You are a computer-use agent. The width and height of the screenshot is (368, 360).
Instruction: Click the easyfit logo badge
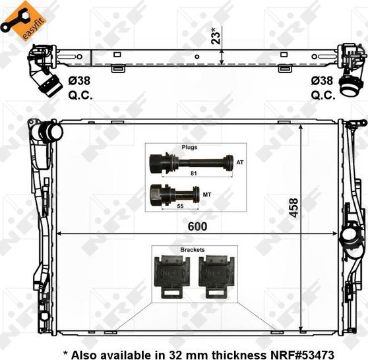pos(24,20)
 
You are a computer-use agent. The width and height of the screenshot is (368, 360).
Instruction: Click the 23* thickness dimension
pos(216,36)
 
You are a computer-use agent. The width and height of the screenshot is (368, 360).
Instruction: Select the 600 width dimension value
pos(197,226)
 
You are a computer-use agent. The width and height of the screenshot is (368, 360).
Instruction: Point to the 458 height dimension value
pos(293,208)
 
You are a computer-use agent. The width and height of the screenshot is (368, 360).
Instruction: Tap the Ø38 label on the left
pos(79,81)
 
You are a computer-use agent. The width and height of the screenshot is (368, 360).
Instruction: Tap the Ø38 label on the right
pos(322,81)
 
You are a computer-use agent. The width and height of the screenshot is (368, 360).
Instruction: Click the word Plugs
pos(189,148)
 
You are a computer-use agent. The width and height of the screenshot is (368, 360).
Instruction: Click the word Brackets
pos(193,250)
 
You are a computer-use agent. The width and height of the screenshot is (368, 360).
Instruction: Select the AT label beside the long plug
pos(240,162)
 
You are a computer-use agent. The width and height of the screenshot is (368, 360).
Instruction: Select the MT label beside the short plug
pos(207,195)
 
